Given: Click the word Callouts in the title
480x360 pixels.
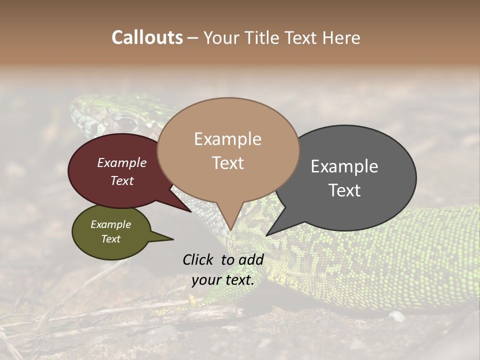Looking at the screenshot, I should tap(147, 37).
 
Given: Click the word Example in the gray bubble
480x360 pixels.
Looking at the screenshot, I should tap(344, 166).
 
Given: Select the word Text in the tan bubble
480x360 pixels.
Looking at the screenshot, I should tap(228, 163).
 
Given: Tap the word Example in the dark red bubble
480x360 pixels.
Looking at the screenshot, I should tap(122, 162).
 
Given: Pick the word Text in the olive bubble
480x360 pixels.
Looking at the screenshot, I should tap(111, 239).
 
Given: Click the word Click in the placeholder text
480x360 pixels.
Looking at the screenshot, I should tap(199, 259).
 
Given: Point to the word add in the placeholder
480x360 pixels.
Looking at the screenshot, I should tap(250, 259).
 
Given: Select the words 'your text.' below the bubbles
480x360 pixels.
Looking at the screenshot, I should tap(223, 280).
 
